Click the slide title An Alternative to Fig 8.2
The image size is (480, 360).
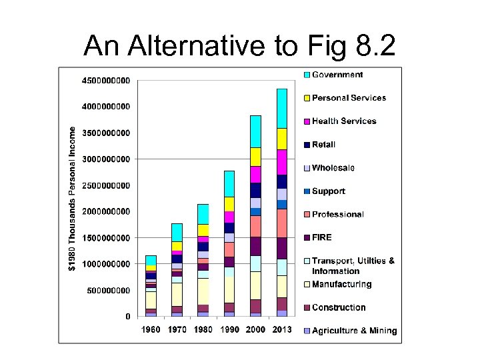point(239,45)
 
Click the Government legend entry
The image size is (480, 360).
point(337,75)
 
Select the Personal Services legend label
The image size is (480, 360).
point(349,98)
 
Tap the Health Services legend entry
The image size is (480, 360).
point(344,121)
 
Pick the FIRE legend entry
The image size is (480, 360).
point(321,237)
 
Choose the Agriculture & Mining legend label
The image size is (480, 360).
point(354,331)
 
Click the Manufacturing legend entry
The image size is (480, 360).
point(341,285)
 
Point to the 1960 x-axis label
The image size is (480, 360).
point(151,330)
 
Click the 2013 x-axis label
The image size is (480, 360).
point(281,330)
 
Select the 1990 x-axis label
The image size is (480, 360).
point(229,330)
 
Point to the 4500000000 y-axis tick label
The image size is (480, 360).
point(106,81)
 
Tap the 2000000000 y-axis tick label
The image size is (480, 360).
point(106,211)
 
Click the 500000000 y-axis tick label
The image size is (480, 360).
point(109,291)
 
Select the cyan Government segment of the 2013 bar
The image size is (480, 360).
point(281,108)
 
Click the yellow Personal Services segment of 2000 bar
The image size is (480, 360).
point(255,157)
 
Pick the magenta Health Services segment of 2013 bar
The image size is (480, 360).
point(281,162)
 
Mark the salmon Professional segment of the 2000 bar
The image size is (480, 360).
point(255,226)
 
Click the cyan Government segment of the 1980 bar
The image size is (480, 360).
point(203,214)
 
